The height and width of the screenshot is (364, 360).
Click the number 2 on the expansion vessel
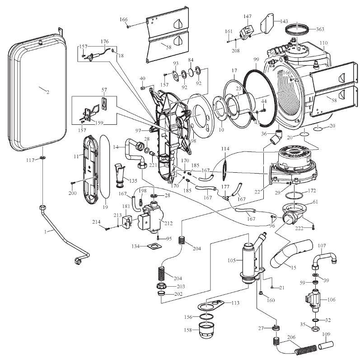coord(47,92)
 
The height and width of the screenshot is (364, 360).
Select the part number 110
coord(323,43)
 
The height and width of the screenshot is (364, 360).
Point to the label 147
coord(248,16)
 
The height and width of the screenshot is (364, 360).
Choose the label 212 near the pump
coord(169,223)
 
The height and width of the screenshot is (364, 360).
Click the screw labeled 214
coord(107,229)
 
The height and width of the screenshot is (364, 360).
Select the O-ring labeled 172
coord(295,195)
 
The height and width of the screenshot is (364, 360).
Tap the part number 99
coord(256,60)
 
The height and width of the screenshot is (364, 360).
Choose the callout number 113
coord(235,303)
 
